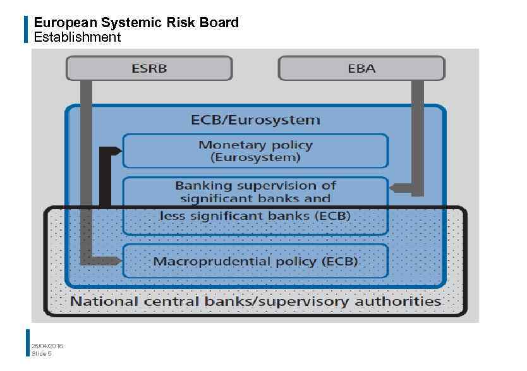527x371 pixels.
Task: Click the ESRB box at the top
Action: (149, 68)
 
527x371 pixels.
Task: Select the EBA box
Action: (361, 68)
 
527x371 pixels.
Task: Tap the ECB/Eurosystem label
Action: (255, 119)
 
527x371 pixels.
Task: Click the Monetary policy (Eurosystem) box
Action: (255, 150)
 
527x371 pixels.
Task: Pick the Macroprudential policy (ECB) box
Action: (255, 261)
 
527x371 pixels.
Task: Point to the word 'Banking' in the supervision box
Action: (200, 186)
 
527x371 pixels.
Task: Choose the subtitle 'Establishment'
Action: (77, 37)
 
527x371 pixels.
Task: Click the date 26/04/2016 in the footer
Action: (47, 346)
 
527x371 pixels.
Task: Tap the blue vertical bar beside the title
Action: (27, 30)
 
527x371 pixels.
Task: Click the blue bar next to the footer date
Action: (27, 343)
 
